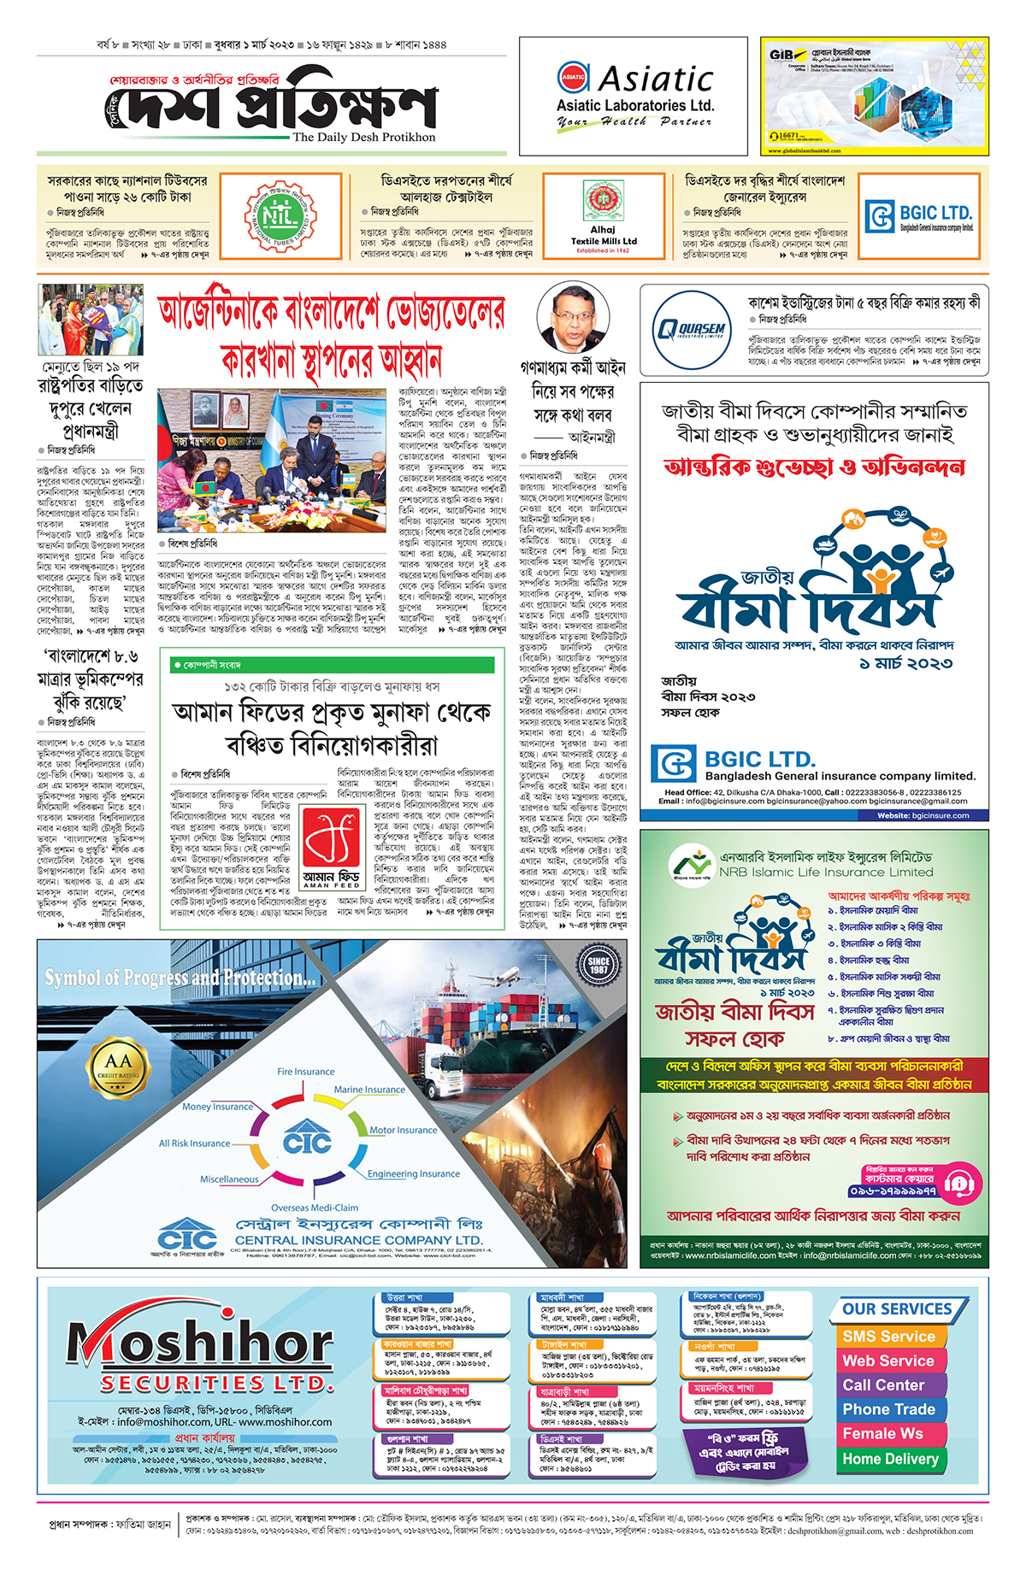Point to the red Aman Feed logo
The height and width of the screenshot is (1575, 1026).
point(332,842)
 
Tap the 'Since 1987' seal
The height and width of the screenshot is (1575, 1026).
point(598,966)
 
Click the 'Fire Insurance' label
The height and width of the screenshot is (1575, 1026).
point(306,1071)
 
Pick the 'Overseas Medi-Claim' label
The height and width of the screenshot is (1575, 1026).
point(315,1208)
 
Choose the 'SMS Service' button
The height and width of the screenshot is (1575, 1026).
point(888,1337)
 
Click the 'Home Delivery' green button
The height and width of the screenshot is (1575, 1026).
point(890,1460)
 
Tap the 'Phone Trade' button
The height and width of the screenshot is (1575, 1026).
point(888,1409)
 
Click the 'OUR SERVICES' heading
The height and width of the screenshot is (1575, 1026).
point(897,1309)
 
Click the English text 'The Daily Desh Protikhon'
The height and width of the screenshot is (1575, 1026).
point(364,137)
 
